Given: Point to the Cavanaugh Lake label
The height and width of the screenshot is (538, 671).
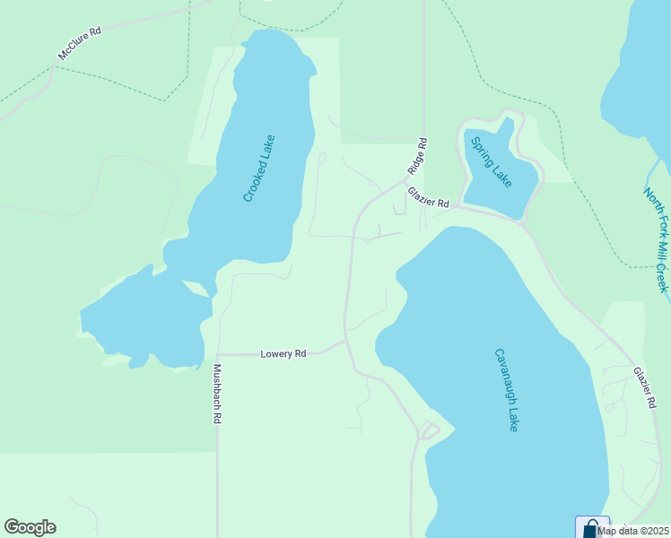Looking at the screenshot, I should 506,389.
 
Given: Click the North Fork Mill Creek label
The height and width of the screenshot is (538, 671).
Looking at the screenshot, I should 657,239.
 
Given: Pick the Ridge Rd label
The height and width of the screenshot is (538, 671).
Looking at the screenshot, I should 417,155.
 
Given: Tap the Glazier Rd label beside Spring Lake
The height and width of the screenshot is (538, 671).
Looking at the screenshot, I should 426,198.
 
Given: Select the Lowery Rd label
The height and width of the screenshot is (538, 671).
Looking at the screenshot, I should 283,354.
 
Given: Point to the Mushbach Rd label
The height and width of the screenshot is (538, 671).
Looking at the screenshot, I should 216,394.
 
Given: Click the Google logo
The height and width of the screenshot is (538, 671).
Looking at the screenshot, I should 30,527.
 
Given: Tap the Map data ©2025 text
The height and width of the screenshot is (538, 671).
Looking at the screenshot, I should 634,531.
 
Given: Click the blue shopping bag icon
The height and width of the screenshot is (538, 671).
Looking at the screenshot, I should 590,527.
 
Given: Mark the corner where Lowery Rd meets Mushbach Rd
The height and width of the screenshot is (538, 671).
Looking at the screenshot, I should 217,354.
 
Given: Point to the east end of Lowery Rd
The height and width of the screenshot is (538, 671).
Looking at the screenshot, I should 345,342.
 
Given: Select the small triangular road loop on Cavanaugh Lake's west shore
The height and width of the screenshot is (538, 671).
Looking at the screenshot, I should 428,430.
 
